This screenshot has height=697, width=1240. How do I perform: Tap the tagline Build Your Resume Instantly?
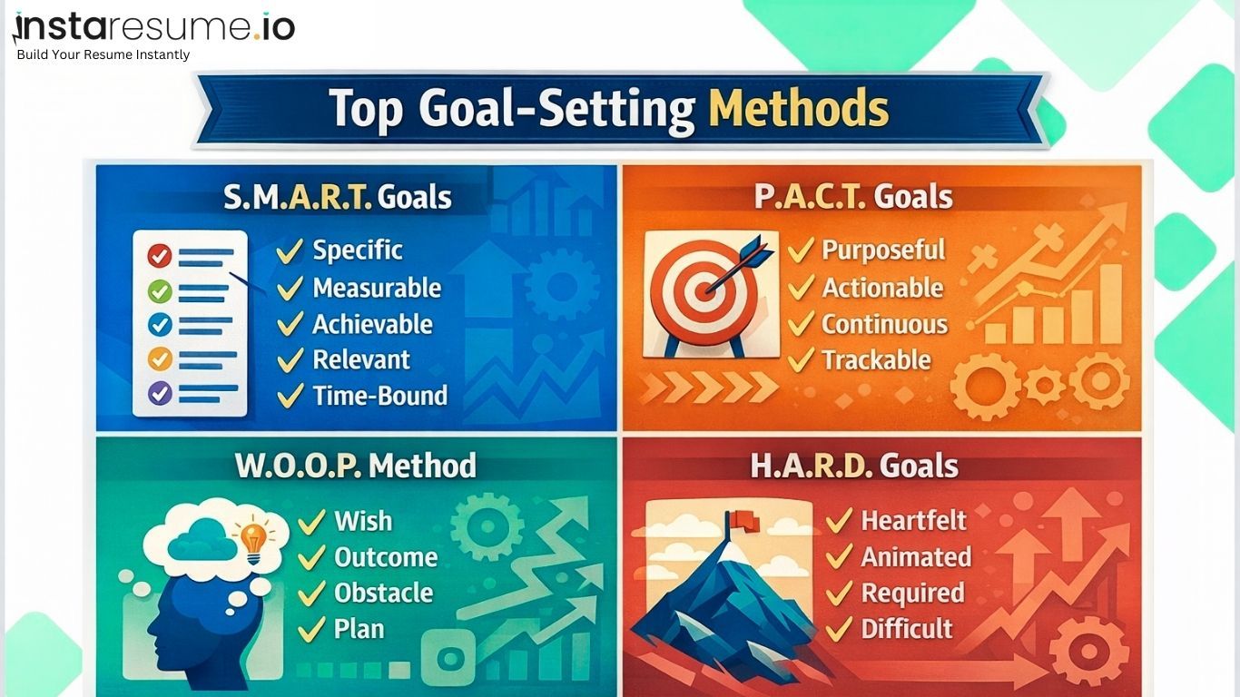[103, 54]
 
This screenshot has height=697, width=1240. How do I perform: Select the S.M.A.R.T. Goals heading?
[338, 197]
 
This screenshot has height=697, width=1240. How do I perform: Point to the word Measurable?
[377, 288]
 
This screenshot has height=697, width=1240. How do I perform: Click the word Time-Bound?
[379, 396]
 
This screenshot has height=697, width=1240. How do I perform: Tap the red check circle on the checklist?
[160, 257]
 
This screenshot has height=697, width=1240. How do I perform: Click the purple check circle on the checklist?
[160, 392]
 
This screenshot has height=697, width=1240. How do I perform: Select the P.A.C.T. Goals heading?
[853, 197]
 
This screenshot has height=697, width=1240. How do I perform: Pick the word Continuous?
[884, 324]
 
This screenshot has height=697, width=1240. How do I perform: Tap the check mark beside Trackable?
[801, 360]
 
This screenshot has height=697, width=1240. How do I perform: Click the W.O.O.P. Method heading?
[356, 466]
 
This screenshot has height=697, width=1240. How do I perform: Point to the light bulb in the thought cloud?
[251, 537]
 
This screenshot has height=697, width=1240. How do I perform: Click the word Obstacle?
[383, 593]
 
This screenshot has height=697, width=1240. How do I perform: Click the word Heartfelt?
[913, 521]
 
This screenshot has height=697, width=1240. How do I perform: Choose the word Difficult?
[906, 628]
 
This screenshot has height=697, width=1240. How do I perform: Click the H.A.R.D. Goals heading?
[854, 466]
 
